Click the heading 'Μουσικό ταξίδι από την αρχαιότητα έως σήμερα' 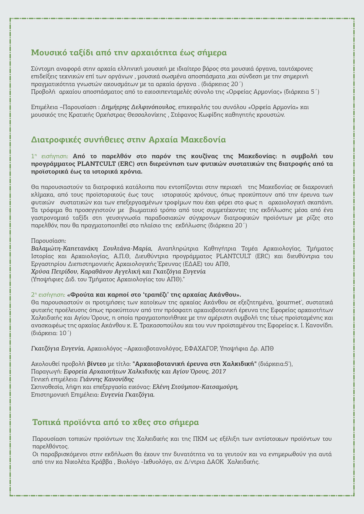click(129, 53)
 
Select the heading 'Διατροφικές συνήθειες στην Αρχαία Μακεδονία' click(128, 140)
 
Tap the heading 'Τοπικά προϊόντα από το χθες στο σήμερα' click(116, 423)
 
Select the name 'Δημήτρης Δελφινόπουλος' click(139, 107)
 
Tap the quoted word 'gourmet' click(292, 302)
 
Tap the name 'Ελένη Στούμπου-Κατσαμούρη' click(195, 387)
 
